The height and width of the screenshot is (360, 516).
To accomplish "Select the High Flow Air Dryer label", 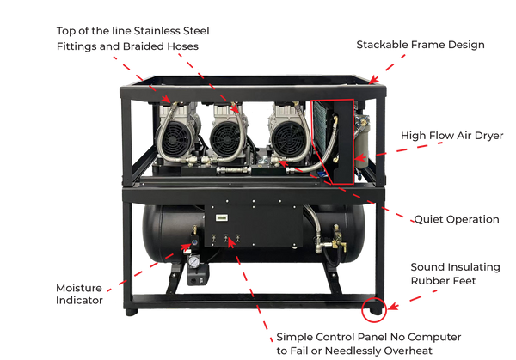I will coord(451,135).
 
